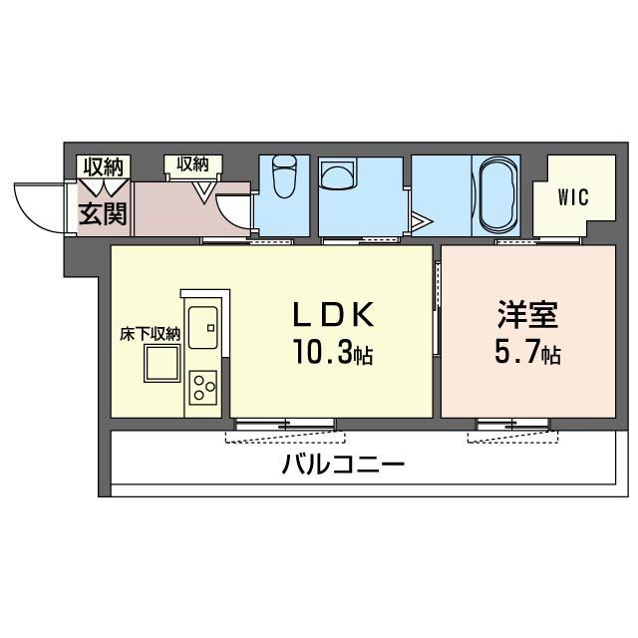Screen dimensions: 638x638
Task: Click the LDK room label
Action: tap(333, 316)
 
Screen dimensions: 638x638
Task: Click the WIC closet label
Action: tap(572, 197)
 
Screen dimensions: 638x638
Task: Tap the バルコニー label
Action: tap(342, 465)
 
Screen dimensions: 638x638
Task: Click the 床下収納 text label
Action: tap(151, 334)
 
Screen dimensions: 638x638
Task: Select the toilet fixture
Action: tap(285, 178)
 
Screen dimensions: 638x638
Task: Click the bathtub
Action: tap(495, 193)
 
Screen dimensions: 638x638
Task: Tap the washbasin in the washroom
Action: tap(340, 177)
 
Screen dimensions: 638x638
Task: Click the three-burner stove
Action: tap(204, 385)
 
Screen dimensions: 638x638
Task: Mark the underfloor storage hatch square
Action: tap(160, 367)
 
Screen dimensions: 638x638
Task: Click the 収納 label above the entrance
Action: tap(103, 166)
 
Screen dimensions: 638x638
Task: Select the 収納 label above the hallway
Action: tap(193, 163)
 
